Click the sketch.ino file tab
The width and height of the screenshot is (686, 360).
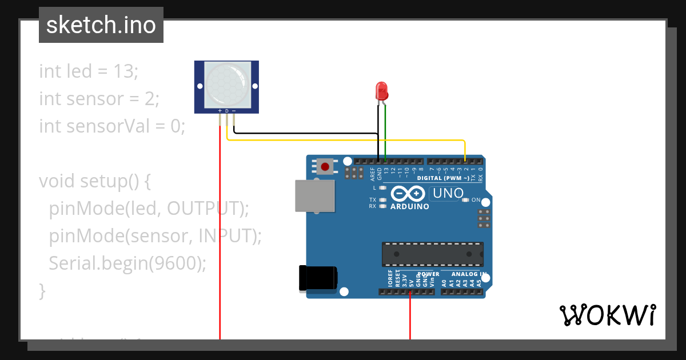101,25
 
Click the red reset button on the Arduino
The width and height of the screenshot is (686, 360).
325,167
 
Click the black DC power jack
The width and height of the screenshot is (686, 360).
317,278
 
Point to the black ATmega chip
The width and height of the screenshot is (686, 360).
432,254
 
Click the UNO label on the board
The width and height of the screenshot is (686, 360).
448,193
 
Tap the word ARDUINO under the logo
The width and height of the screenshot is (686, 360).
409,206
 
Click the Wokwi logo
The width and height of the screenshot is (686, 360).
607,315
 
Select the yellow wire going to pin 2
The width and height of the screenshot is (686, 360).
343,139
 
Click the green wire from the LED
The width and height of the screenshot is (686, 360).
385,131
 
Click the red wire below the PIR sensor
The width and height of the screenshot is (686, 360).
220,229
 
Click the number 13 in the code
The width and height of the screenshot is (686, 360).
124,71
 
